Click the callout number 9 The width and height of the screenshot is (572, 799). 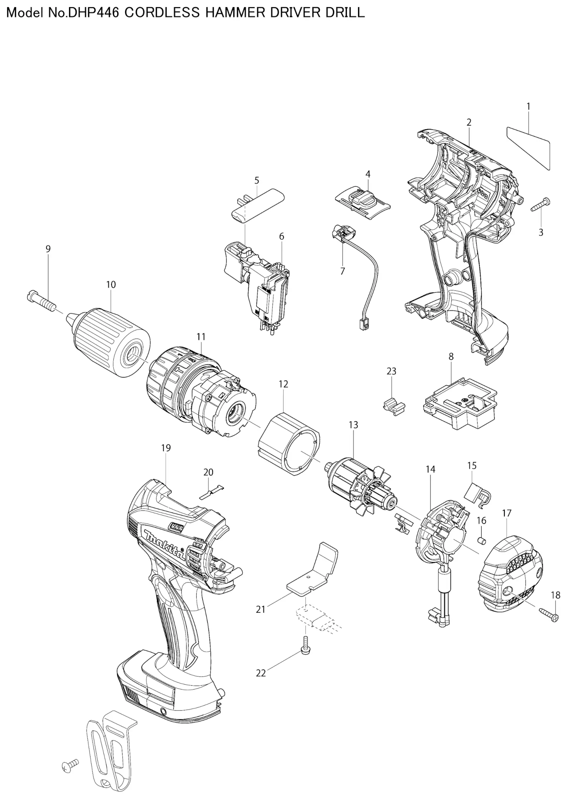(48, 249)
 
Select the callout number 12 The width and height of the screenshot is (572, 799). (283, 384)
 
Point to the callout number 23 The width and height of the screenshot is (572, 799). (391, 371)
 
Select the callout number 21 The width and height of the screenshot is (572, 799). (261, 609)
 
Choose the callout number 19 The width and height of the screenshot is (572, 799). (166, 448)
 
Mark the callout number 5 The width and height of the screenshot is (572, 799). (257, 180)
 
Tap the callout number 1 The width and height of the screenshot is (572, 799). (528, 106)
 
